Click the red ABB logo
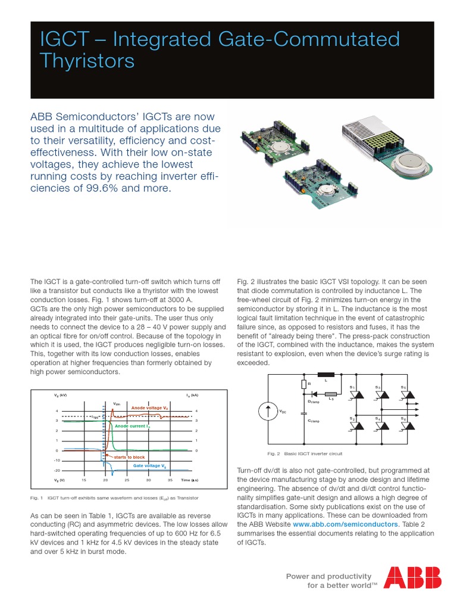pos(412,577)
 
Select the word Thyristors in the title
pos(87,61)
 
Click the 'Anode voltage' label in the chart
pos(149,407)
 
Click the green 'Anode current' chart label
pos(132,427)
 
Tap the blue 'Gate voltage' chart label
pos(149,465)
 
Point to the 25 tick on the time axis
pos(127,480)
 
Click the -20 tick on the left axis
pos(57,470)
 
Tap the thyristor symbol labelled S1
pos(353,396)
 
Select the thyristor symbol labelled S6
pos(403,428)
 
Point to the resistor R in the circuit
pos(304,384)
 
